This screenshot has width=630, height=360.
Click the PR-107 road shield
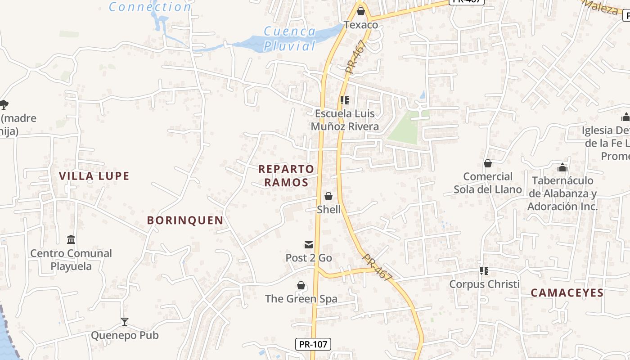[x=313, y=344]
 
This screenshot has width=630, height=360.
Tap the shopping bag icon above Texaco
[x=360, y=11]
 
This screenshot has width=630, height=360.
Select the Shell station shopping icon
[x=328, y=196]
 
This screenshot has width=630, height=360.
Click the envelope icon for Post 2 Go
[x=309, y=245]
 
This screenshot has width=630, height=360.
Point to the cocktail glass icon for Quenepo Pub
[x=125, y=321]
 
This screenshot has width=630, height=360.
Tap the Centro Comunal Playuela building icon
[x=71, y=239]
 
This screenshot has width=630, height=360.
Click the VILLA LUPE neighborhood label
[x=94, y=176]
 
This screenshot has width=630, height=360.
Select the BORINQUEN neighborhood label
[x=185, y=220]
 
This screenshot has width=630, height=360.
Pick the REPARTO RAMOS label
[x=286, y=175]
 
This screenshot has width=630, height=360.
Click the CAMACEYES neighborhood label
[x=567, y=293]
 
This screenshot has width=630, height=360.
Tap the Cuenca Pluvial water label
[x=290, y=38]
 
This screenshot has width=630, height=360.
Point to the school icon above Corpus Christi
[x=484, y=270]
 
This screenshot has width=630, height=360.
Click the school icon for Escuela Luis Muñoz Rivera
[x=345, y=100]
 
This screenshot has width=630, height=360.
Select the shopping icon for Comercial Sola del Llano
[x=487, y=163]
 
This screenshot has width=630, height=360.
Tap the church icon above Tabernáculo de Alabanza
[x=562, y=167]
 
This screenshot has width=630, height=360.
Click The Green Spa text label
[x=301, y=299]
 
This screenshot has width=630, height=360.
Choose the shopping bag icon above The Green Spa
[x=301, y=285]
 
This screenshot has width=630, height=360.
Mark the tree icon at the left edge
[x=4, y=105]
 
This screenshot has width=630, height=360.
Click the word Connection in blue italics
[x=150, y=7]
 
